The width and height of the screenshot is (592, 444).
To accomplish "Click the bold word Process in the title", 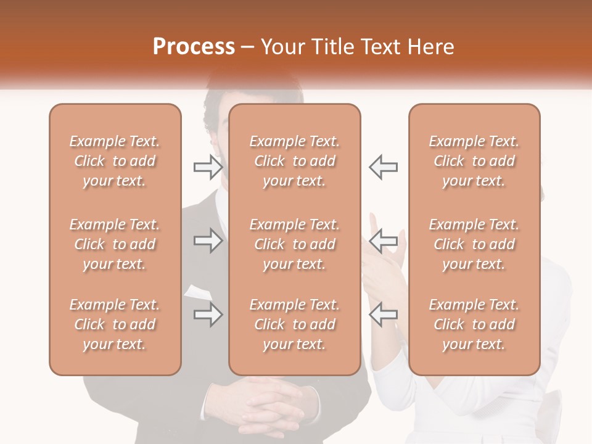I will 194,47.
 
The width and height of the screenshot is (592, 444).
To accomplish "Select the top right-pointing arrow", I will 208,166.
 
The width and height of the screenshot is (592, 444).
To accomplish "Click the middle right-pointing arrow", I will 208,240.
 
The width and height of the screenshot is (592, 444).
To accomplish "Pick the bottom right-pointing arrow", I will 208,314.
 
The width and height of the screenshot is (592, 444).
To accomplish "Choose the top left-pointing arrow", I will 383,166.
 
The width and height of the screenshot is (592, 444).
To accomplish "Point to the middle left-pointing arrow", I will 383,240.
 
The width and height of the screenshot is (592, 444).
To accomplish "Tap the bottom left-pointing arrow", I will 383,314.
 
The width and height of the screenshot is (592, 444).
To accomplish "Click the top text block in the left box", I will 115,161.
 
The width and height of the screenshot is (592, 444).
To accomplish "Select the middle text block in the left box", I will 115,244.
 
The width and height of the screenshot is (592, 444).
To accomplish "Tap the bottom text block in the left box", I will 115,324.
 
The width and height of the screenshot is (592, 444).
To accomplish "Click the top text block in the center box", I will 295,161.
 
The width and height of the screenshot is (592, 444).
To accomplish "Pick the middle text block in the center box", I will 295,244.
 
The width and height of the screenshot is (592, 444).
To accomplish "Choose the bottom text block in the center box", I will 295,324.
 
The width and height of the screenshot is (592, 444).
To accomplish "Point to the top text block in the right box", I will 474,161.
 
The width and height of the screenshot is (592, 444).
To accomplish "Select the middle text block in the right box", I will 474,244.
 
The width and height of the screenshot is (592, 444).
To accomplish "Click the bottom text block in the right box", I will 474,324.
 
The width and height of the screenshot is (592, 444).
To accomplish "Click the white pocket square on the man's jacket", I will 195,292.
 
